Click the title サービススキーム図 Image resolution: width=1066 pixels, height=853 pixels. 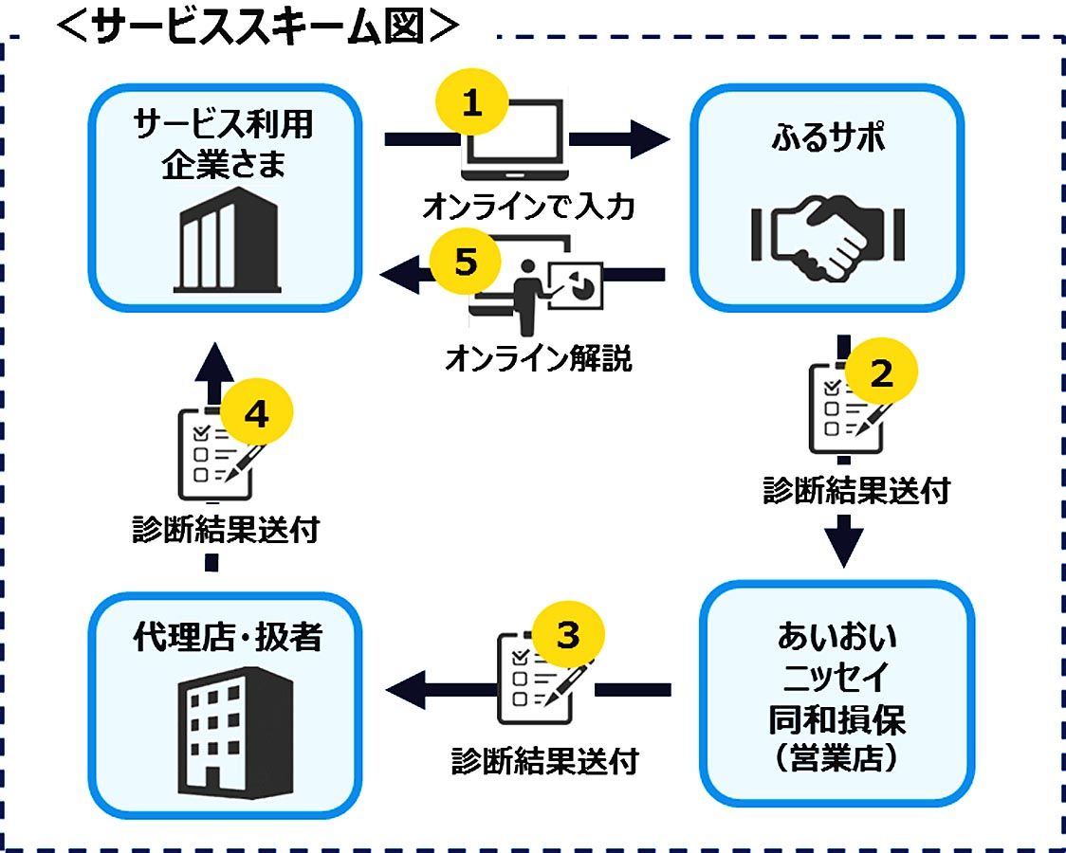point(256,27)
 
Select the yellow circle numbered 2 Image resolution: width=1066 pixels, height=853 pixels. point(881,375)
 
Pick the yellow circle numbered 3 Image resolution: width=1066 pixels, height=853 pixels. point(567,634)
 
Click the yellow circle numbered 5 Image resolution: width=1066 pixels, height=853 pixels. point(465,261)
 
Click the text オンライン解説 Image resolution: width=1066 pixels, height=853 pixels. point(538,359)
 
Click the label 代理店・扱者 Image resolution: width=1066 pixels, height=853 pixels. point(227,638)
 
